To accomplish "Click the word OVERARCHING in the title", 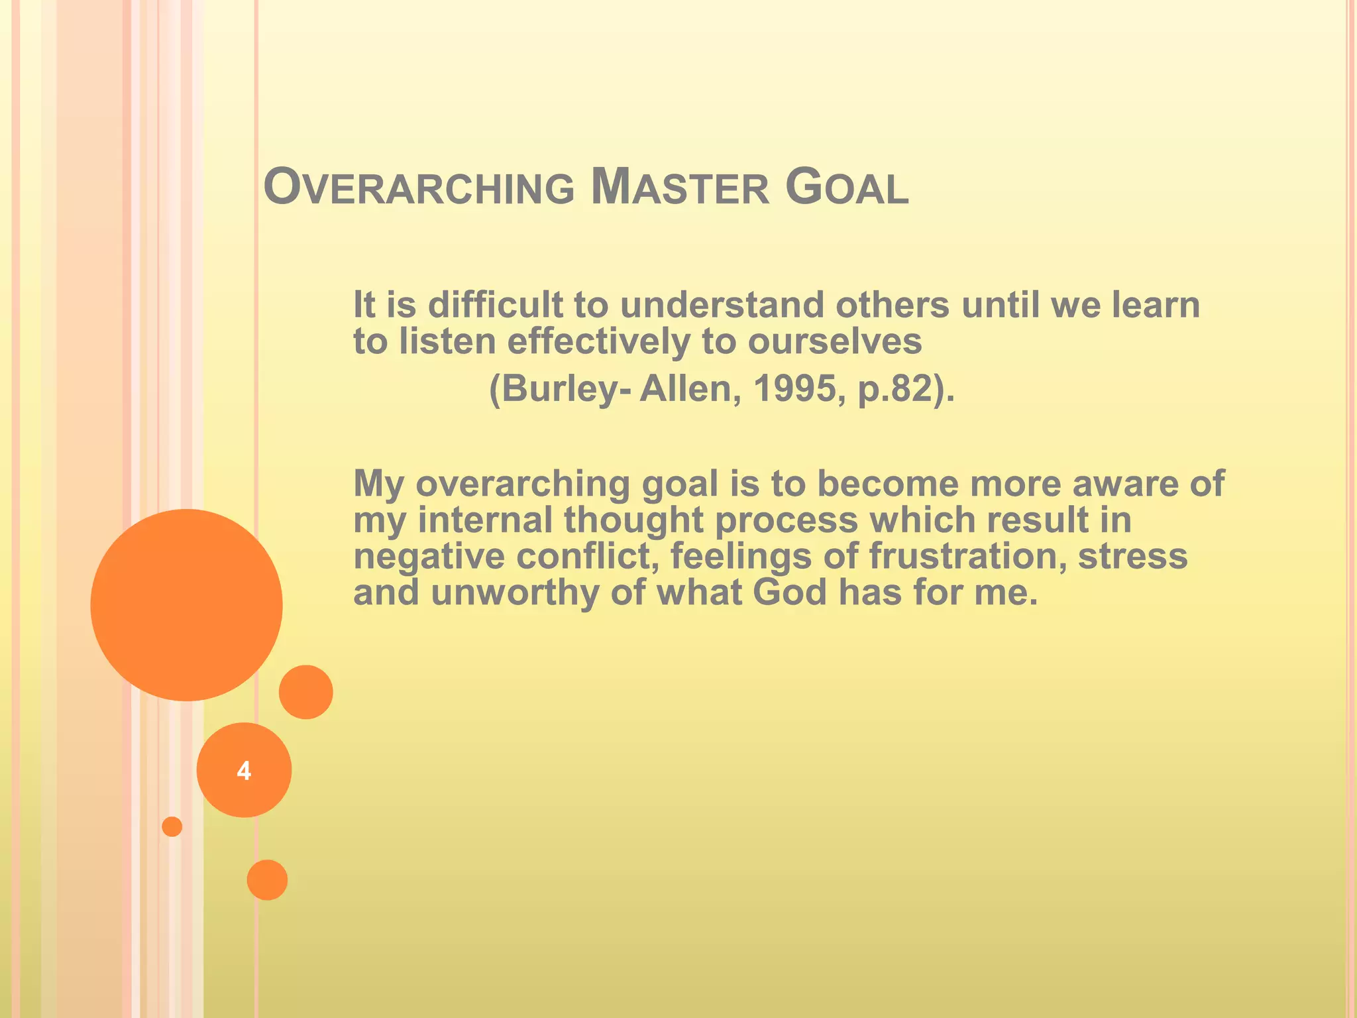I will pyautogui.click(x=419, y=188).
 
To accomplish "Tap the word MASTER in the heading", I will pyautogui.click(x=680, y=188).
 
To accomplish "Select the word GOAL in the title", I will pyautogui.click(x=846, y=188).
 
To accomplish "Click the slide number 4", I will pyautogui.click(x=244, y=771).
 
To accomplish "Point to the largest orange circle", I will pyautogui.click(x=186, y=604).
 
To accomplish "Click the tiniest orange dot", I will pyautogui.click(x=172, y=826).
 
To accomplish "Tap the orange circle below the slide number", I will pyautogui.click(x=267, y=879).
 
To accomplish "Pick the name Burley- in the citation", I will pyautogui.click(x=560, y=388).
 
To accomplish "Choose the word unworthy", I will pyautogui.click(x=514, y=592).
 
